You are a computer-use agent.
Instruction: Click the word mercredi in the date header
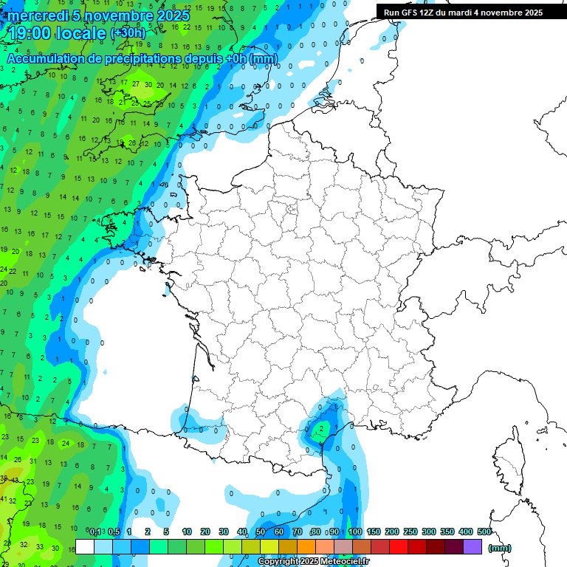click(38, 15)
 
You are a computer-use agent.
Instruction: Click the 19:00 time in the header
click(31, 32)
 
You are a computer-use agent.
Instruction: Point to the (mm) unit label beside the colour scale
click(499, 548)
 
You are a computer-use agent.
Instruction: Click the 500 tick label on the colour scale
click(484, 532)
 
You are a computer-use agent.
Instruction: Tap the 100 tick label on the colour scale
click(355, 532)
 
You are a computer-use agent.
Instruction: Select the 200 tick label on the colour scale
click(392, 532)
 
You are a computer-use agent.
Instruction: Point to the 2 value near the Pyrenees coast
click(321, 428)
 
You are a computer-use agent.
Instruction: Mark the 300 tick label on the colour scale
click(429, 532)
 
